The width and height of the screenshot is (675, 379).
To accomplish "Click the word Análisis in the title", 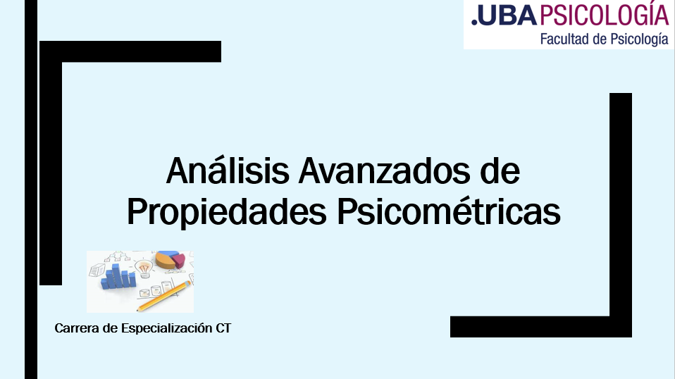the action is coord(228,170).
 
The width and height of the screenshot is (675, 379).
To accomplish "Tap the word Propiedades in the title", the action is coord(227,212).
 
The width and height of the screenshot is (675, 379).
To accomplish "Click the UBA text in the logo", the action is coord(507,16).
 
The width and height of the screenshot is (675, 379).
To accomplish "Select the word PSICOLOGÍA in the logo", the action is coord(605,14).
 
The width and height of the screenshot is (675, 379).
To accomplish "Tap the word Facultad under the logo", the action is coord(564,39).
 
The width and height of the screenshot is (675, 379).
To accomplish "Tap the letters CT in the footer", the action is coord(223,328).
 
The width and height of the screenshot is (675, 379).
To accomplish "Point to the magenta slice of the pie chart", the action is coord(179,260).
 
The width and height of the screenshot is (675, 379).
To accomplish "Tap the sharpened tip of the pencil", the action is coord(138,310).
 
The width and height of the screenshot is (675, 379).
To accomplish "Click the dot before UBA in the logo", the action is coord(474,23).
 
